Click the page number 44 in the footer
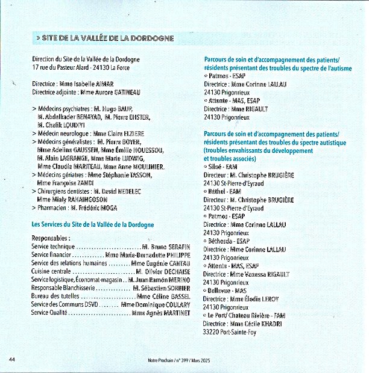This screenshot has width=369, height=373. [11, 359]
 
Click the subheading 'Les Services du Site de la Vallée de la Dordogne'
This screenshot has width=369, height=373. [92, 224]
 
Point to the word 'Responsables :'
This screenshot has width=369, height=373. [51, 238]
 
